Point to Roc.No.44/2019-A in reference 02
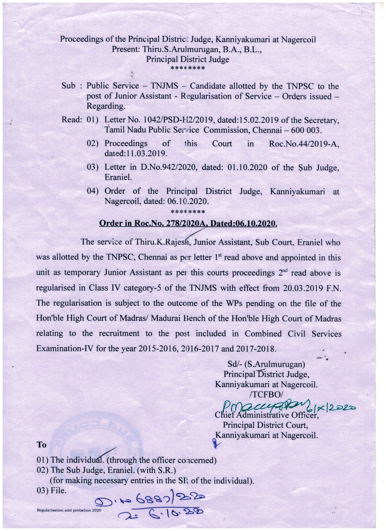click(304, 143)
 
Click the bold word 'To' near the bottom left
click(41, 445)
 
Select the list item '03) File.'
click(51, 491)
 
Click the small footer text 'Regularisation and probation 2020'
click(68, 510)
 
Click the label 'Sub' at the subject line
click(68, 86)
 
